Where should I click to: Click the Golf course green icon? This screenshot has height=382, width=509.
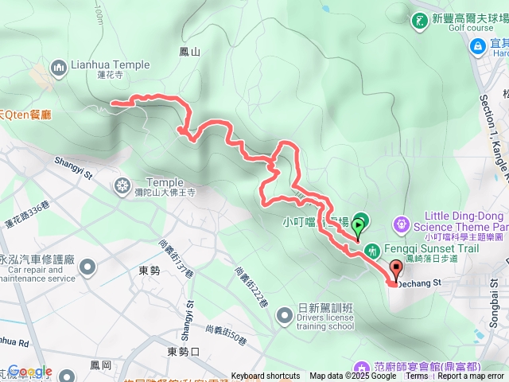[x=419, y=19]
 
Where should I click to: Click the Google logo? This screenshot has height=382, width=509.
[x=29, y=372]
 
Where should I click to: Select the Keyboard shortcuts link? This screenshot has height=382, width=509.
[x=266, y=376]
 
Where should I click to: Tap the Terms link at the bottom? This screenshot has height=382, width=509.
[x=417, y=376]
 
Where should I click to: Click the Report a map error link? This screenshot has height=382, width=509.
[x=471, y=376]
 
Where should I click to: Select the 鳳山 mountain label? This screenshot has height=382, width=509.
[x=190, y=52]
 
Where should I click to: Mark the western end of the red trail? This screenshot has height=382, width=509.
[x=111, y=103]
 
